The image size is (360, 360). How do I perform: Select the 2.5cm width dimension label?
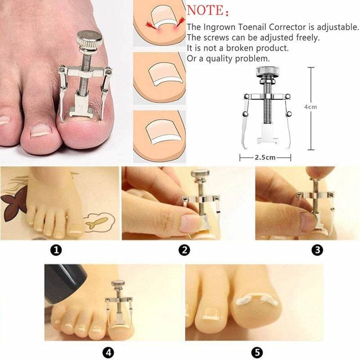(265, 158)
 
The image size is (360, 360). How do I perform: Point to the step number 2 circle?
(184, 251)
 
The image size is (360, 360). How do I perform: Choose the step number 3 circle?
(318, 251)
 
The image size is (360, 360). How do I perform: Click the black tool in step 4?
(67, 283)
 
